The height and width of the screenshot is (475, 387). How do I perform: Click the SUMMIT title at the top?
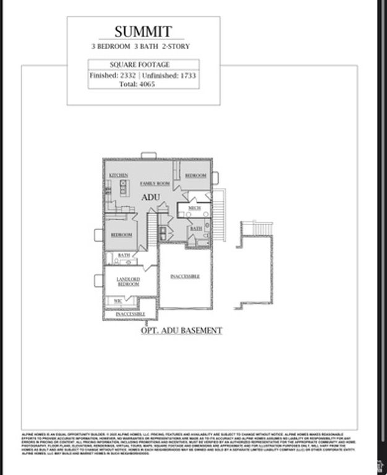143,31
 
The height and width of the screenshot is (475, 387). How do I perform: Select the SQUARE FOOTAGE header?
140,64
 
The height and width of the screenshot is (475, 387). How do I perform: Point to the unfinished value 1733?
187,75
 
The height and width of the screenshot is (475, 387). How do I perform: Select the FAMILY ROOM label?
155,184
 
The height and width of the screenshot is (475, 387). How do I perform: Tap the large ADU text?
151,197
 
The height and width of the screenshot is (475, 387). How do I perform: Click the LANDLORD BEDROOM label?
128,282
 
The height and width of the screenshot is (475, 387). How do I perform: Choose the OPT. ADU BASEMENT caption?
181,331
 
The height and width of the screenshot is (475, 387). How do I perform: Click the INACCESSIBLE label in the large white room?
185,276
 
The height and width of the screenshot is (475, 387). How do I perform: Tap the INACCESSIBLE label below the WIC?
130,314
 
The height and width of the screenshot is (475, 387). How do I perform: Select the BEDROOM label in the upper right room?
195,176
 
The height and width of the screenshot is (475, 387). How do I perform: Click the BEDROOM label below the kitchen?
121,235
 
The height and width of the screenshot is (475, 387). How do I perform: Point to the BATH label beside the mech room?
196,229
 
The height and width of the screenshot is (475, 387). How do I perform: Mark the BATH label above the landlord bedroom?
124,255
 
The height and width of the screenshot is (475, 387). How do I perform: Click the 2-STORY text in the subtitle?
175,46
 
